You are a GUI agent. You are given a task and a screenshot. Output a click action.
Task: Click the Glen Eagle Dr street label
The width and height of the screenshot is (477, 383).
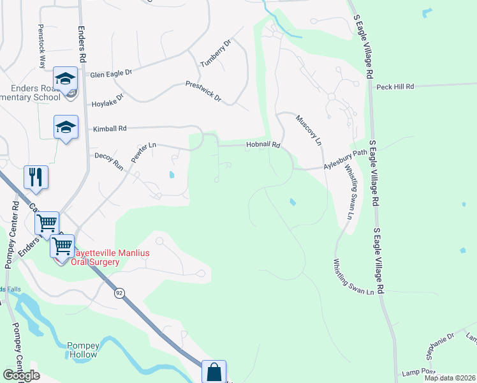coord(110,73)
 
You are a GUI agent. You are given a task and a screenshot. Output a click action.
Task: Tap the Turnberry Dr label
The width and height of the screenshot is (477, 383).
coord(214,54)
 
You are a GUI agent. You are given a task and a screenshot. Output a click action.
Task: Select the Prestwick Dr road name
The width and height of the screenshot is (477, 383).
coord(203,91)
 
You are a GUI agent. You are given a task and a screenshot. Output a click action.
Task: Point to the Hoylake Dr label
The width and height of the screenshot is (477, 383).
coord(107,97)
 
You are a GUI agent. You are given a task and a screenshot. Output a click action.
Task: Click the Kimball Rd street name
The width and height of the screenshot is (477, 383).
coord(110,128)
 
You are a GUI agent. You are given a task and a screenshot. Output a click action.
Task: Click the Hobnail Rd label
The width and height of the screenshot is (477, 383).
coord(263,146)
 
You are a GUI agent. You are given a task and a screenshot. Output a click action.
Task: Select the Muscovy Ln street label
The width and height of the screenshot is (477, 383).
coord(309,130)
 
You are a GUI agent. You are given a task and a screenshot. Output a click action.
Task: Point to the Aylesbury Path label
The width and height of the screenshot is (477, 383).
coord(346,162)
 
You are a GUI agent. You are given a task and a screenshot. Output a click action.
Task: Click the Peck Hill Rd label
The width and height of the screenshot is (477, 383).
coord(395,86)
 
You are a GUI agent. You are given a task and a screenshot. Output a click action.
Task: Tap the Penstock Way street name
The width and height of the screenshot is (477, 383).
coord(41,45)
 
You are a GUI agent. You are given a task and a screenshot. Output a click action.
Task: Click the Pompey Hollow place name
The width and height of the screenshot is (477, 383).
coord(82,350)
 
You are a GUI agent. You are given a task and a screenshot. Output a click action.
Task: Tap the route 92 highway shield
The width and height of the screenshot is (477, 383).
coord(119,293)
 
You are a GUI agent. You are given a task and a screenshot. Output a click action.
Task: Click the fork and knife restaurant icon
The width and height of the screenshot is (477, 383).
coord(36,177)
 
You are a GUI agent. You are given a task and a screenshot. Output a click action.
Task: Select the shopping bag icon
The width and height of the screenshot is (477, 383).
coord(215,372)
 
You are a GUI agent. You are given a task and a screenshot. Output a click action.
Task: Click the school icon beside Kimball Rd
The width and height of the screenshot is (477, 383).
coord(66,126)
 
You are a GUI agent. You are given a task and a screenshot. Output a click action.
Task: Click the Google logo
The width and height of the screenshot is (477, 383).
coord(22,375)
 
